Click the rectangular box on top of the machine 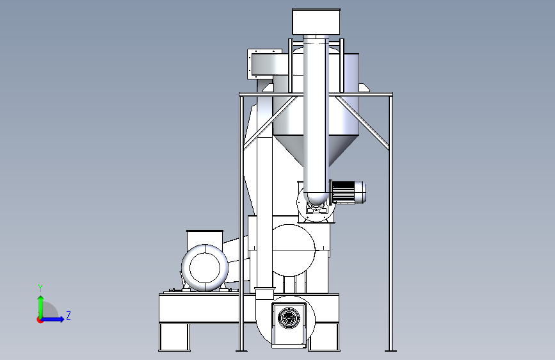(x=316, y=22)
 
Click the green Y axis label (x=40, y=288)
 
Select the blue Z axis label (x=68, y=316)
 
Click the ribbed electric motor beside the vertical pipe (x=348, y=192)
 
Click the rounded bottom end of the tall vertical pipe (x=316, y=198)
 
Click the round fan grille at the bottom (x=289, y=318)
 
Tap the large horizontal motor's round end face (x=205, y=268)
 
